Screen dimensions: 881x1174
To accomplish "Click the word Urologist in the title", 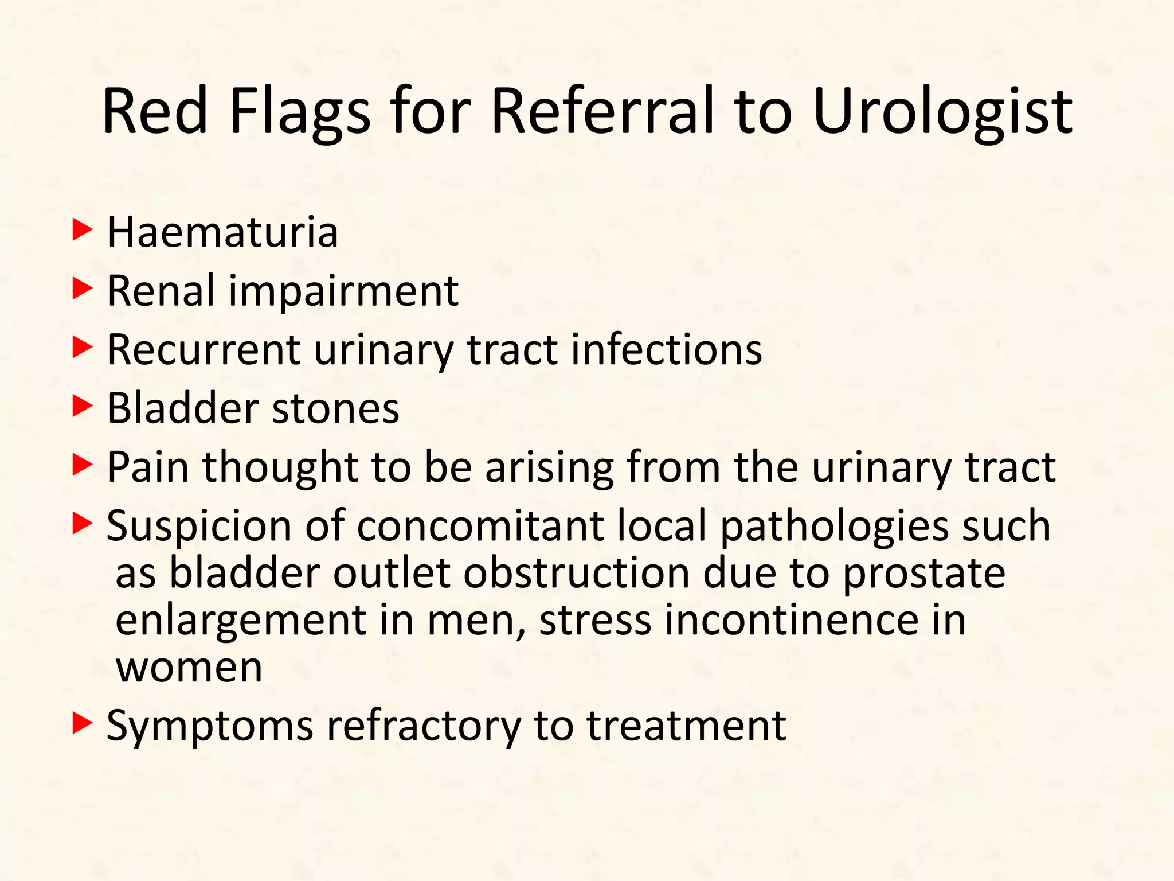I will coord(942,112).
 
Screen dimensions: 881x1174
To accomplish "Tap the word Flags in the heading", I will coord(300,112).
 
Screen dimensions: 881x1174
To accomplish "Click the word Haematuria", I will coord(222,233).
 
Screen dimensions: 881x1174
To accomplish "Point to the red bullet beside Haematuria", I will coord(82,231).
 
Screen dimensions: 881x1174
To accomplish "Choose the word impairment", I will coord(343,292).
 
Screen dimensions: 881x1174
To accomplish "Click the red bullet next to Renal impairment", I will coord(82,290).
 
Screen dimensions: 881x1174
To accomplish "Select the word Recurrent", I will coord(204,349).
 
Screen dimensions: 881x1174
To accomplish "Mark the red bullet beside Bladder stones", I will coord(82,407).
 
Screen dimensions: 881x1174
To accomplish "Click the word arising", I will coord(549,468).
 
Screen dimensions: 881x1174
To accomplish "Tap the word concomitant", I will coord(480,526).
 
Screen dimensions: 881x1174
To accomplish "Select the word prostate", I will coord(923,574).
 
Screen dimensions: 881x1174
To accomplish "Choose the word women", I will coord(189,668).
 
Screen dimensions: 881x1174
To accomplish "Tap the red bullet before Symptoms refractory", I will coord(82,724).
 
